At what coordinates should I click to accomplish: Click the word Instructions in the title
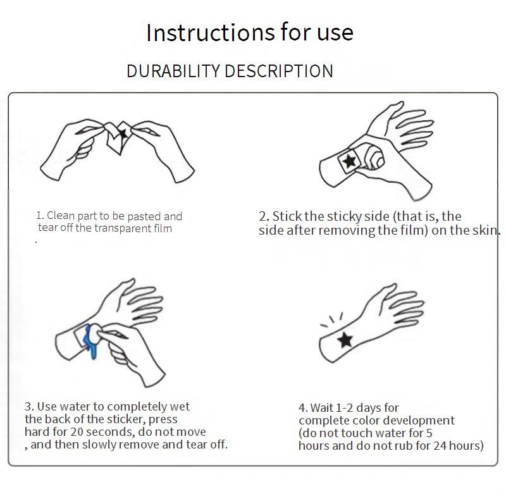211,33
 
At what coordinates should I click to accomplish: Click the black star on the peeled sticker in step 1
123,133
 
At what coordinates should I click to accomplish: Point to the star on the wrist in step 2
349,161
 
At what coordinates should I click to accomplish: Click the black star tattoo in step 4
345,340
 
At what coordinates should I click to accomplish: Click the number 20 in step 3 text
77,431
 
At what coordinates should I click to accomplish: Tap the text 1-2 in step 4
344,408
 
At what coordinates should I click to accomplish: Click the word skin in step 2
484,230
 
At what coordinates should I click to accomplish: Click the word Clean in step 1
61,215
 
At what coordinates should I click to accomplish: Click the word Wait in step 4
322,408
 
